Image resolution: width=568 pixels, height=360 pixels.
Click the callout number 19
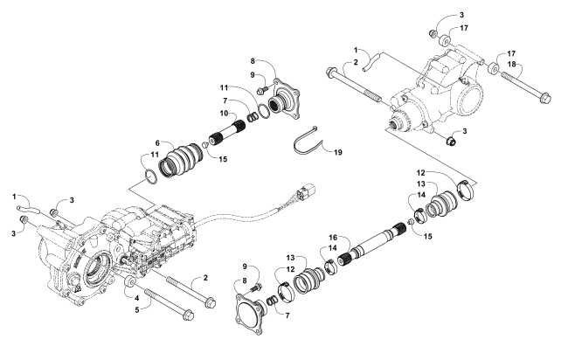click(337, 152)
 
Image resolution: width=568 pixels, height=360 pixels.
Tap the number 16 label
click(333, 238)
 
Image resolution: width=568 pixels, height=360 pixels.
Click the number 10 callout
click(224, 114)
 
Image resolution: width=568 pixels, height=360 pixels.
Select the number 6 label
click(157, 143)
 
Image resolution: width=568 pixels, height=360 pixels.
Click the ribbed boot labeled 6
click(180, 161)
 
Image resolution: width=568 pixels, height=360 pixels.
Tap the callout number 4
click(137, 299)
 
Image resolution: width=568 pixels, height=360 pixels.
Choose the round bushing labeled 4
click(129, 282)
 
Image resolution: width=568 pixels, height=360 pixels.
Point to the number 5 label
click(137, 310)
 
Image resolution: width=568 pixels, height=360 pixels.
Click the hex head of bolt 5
click(188, 315)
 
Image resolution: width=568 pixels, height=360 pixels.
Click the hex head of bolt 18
click(544, 98)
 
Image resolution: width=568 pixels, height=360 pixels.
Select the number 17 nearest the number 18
click(511, 53)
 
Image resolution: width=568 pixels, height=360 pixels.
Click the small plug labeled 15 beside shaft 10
click(204, 145)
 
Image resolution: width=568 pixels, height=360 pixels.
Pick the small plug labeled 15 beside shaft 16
click(411, 222)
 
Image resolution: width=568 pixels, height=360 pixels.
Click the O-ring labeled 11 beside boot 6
click(151, 177)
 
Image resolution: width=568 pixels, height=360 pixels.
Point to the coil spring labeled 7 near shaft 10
click(253, 117)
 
